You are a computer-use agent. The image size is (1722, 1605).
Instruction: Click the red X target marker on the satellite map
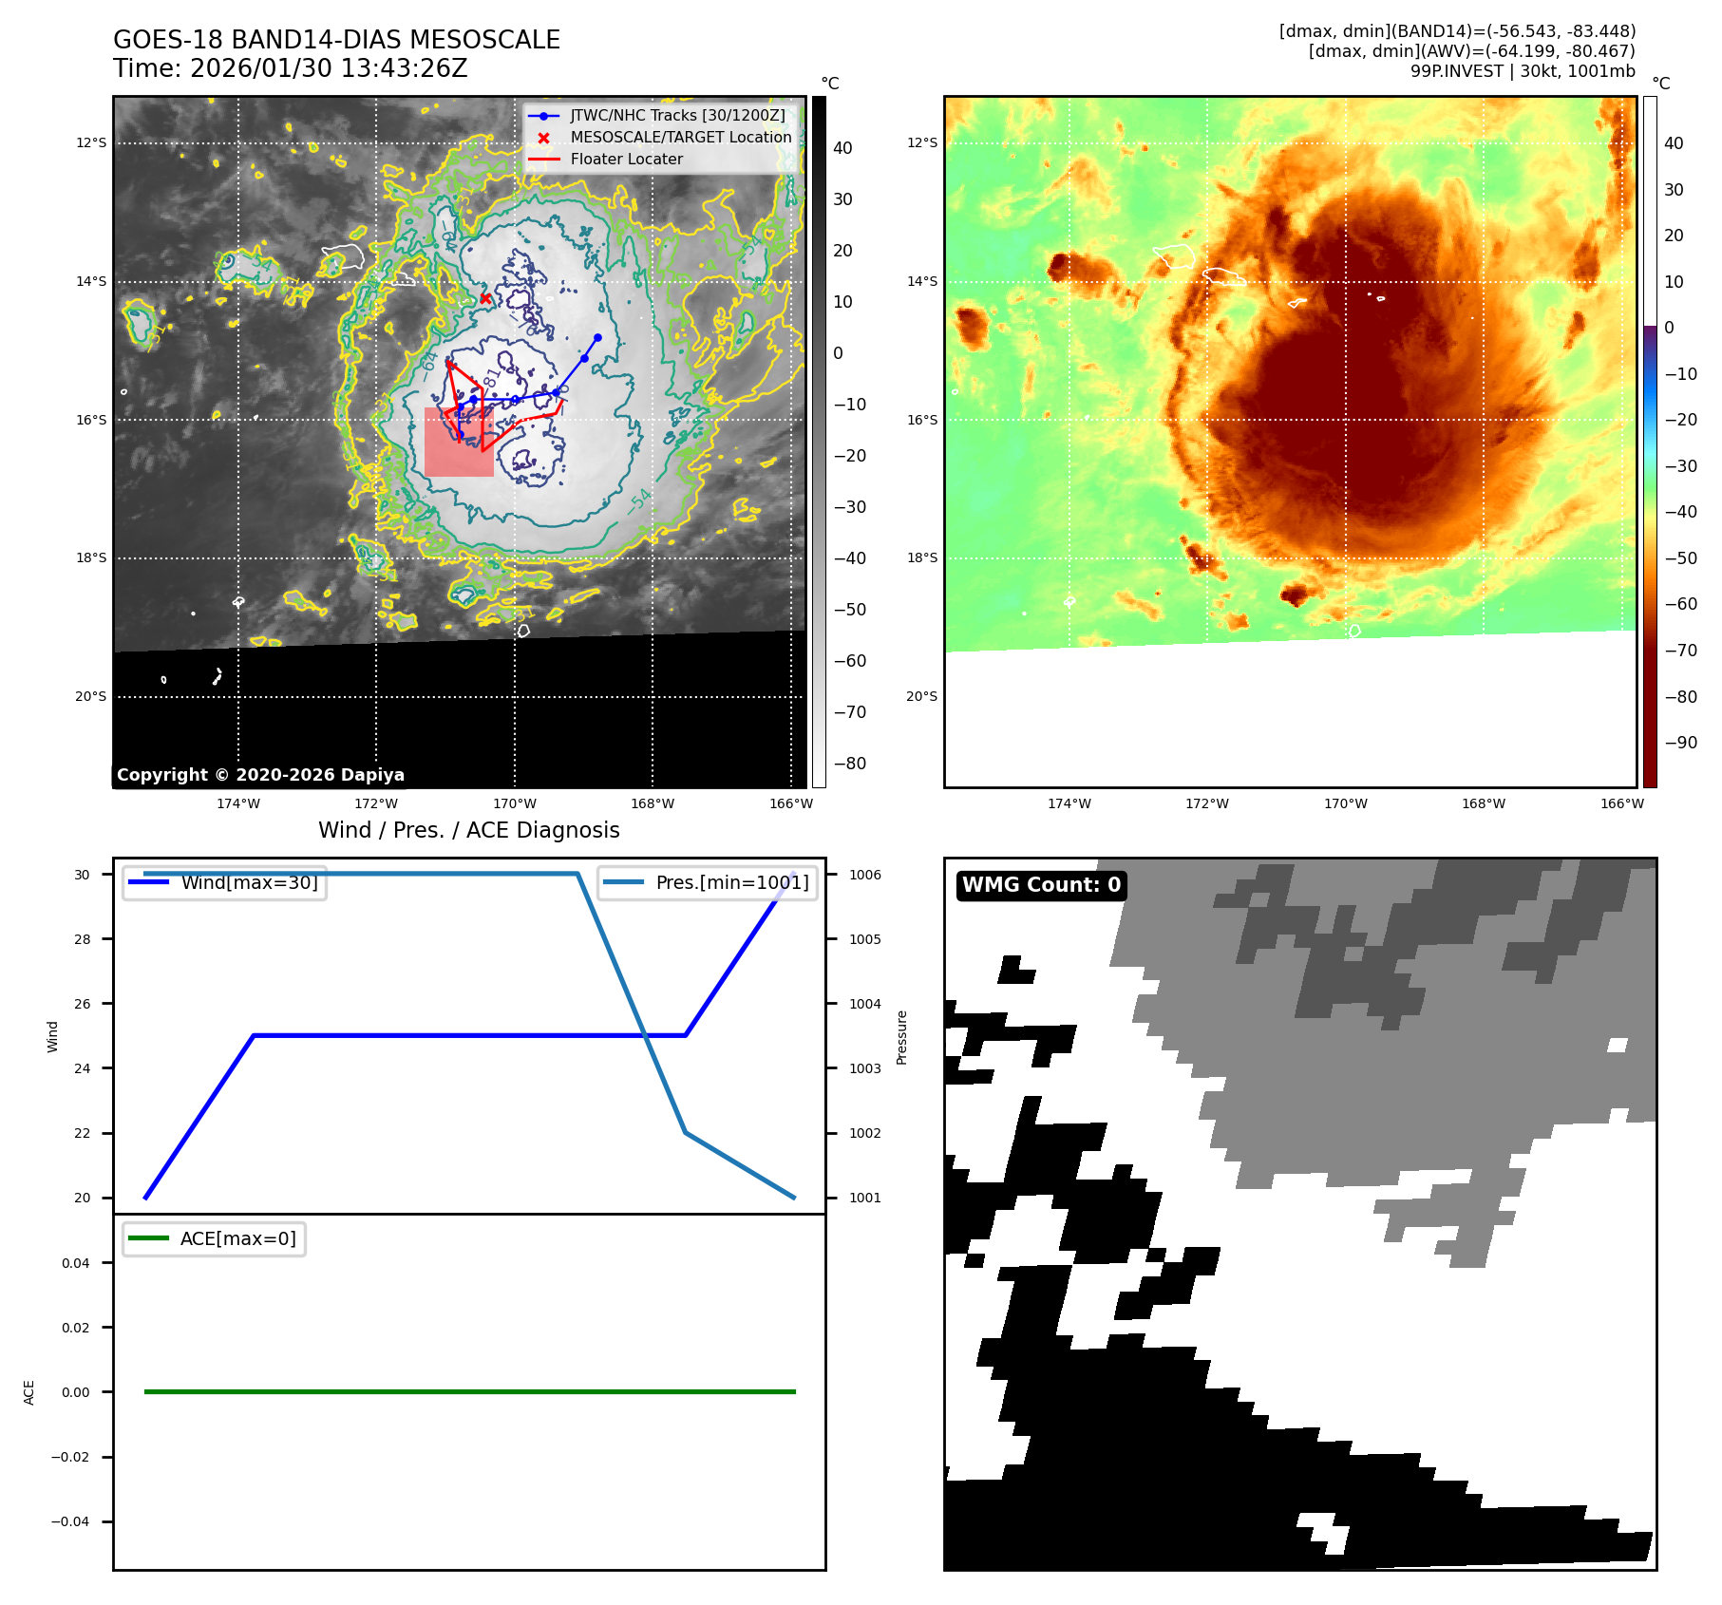(x=485, y=298)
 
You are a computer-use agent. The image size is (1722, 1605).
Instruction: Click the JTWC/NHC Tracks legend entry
(x=677, y=116)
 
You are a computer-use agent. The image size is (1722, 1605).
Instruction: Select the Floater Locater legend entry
(x=626, y=160)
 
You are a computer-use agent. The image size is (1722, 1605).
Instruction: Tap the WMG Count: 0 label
(x=1041, y=885)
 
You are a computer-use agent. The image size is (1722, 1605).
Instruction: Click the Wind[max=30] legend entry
(x=249, y=882)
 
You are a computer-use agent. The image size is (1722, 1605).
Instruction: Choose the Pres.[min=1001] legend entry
(x=731, y=882)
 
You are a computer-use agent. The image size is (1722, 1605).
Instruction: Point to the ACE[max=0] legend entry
(x=237, y=1238)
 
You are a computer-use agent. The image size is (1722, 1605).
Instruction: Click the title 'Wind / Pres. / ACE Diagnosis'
(x=468, y=830)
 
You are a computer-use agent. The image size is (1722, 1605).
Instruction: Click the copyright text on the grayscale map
(x=260, y=775)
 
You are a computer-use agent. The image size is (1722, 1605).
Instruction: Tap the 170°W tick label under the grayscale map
(x=515, y=803)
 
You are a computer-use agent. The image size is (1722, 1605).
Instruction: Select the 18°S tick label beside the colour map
(x=921, y=558)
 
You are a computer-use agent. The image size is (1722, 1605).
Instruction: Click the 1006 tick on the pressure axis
(x=864, y=875)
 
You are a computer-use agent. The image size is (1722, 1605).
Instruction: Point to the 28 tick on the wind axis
(x=83, y=939)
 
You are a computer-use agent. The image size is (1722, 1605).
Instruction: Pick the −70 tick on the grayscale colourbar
(x=849, y=712)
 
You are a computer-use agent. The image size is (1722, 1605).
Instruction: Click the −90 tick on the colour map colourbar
(x=1680, y=743)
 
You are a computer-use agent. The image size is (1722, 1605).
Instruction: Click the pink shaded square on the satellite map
(x=459, y=444)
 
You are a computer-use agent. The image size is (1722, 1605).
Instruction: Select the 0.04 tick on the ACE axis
(x=75, y=1263)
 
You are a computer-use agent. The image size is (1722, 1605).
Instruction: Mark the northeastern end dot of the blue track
(x=597, y=337)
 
